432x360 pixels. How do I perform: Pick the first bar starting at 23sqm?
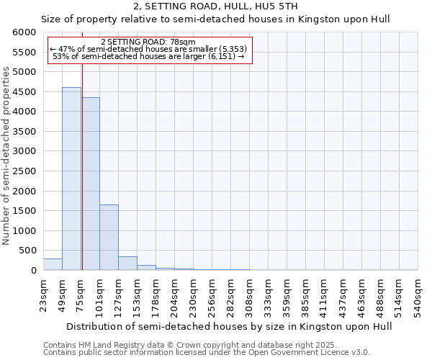point(53,264)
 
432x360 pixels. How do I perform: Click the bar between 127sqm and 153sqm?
point(127,264)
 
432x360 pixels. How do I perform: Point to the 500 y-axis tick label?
point(28,251)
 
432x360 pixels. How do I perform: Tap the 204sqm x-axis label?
point(174,294)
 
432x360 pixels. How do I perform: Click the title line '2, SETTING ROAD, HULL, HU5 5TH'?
point(215,6)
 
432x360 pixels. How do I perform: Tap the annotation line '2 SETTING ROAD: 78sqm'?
point(149,42)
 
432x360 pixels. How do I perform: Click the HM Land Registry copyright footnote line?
point(190,345)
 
